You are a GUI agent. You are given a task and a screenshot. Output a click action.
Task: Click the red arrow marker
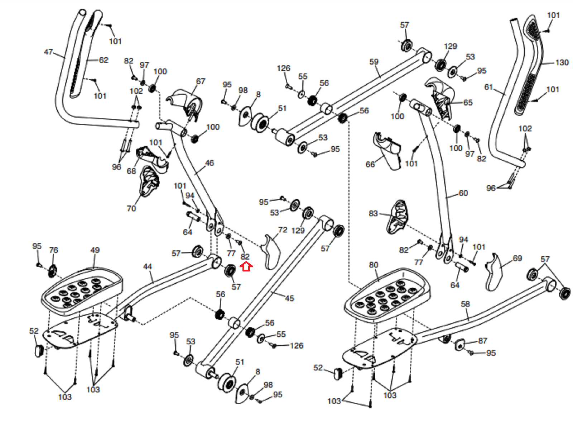246,266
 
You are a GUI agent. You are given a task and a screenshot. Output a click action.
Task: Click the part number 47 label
48,52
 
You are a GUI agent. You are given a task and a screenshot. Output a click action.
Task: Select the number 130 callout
562,62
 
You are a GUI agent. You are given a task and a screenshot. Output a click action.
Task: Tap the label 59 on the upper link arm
374,62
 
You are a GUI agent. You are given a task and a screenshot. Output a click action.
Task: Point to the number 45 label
289,298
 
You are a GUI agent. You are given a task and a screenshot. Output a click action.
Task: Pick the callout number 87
482,340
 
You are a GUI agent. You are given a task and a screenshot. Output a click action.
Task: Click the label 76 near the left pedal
53,250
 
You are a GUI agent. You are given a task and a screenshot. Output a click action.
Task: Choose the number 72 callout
283,230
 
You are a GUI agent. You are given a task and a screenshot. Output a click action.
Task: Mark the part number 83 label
373,213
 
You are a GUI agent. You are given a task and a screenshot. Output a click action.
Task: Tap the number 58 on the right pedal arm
465,304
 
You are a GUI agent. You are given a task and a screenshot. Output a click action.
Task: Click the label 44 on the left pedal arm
148,266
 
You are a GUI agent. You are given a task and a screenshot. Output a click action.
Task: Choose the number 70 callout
131,208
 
